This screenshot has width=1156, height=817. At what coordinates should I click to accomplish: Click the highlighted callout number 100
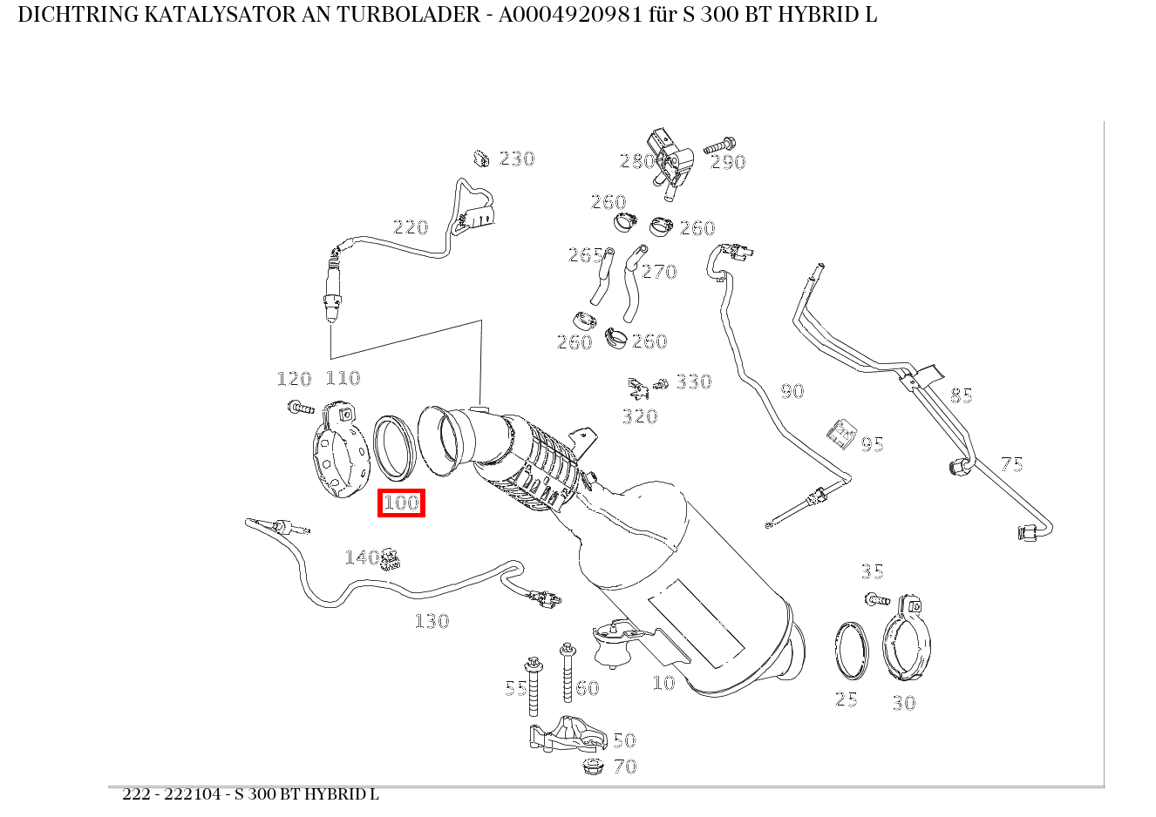(x=401, y=503)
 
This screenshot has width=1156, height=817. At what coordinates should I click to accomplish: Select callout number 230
(x=516, y=159)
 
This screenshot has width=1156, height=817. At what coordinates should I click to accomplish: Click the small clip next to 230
(x=480, y=159)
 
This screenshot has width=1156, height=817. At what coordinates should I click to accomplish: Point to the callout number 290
(x=728, y=162)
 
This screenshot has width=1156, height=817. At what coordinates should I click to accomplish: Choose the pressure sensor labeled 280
(x=669, y=157)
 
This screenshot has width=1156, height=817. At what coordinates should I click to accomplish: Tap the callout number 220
(x=411, y=227)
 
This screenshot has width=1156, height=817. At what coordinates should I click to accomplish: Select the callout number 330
(x=694, y=381)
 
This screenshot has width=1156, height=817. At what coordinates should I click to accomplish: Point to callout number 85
(x=961, y=395)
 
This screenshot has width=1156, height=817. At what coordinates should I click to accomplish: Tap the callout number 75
(x=1011, y=464)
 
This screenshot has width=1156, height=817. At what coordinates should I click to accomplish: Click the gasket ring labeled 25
(x=851, y=651)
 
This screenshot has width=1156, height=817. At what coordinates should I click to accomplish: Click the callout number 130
(x=432, y=621)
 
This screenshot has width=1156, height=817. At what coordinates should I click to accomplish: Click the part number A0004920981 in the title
(x=574, y=15)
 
